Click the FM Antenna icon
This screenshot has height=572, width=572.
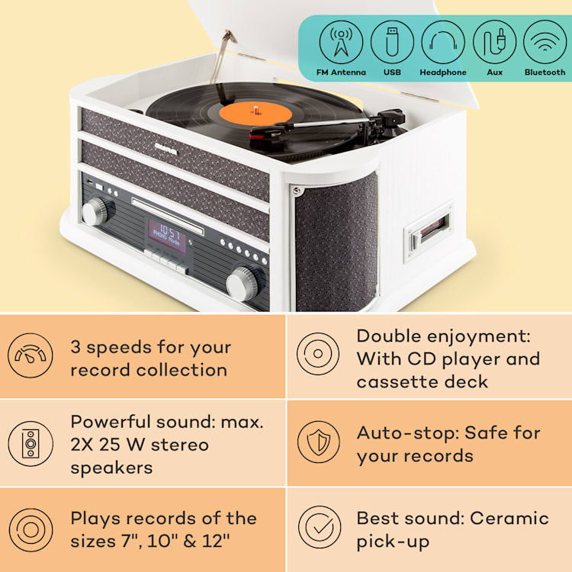click(x=341, y=41)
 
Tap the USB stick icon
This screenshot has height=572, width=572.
click(x=392, y=41)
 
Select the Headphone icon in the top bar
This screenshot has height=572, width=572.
click(x=443, y=41)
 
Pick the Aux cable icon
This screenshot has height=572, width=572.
click(x=494, y=41)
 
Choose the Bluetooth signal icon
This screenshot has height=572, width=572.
click(x=545, y=41)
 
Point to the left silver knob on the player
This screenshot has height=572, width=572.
click(x=98, y=210)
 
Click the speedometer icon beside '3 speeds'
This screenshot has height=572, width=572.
click(x=31, y=356)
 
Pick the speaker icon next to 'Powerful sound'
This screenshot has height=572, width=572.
click(x=31, y=443)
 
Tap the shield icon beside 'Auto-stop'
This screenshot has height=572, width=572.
click(x=319, y=442)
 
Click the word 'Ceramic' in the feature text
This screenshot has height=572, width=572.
click(x=509, y=519)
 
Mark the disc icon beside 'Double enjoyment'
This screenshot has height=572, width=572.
click(x=319, y=355)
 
